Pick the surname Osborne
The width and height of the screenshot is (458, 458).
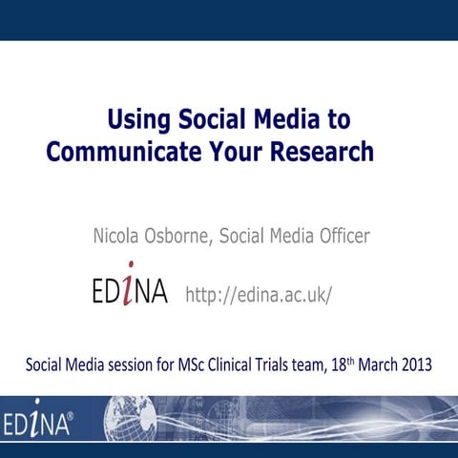177,236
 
